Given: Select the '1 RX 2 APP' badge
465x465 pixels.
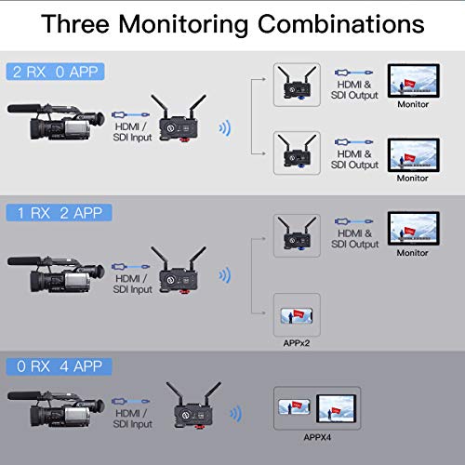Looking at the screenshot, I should pyautogui.click(x=59, y=213).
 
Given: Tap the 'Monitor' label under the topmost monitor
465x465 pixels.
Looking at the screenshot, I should pyautogui.click(x=412, y=105).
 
